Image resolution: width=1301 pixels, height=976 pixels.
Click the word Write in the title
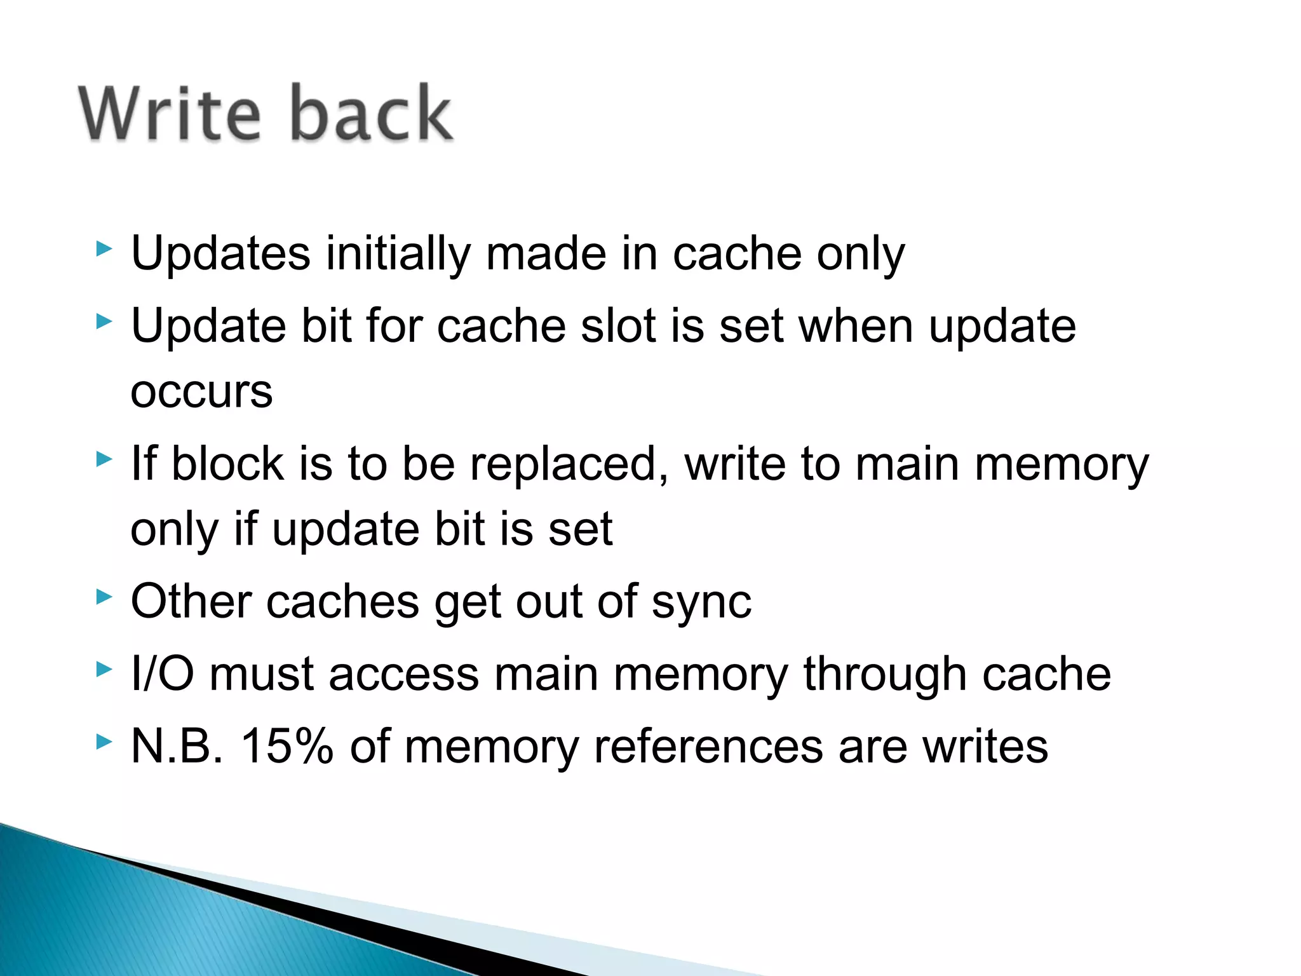click(170, 113)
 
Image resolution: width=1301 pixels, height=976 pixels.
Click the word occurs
click(201, 392)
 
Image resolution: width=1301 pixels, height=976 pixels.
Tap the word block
click(227, 463)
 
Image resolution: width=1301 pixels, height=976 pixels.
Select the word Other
click(191, 602)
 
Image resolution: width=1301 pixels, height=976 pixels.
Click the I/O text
click(162, 674)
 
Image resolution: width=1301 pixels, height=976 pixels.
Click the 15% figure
click(287, 746)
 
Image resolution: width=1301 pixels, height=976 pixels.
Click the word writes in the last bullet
click(985, 746)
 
